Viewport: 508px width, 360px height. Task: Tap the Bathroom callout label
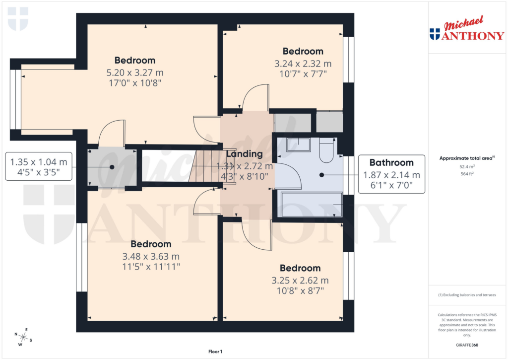tap(391, 162)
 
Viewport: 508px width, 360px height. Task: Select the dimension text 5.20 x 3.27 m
tap(135, 72)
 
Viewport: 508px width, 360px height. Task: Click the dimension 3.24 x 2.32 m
tap(303, 64)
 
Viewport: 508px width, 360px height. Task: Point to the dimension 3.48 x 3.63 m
tap(151, 256)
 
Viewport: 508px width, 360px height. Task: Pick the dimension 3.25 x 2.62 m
tap(300, 280)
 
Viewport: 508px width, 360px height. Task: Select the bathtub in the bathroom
tap(312, 205)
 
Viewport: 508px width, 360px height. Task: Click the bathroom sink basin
tap(298, 145)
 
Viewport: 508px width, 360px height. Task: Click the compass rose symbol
tap(23, 337)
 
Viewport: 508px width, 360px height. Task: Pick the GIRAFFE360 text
tap(466, 345)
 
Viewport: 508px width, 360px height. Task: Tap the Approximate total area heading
tap(466, 158)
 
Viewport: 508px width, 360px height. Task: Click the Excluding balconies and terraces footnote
tap(466, 295)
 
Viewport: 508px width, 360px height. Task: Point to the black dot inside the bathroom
tap(322, 175)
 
